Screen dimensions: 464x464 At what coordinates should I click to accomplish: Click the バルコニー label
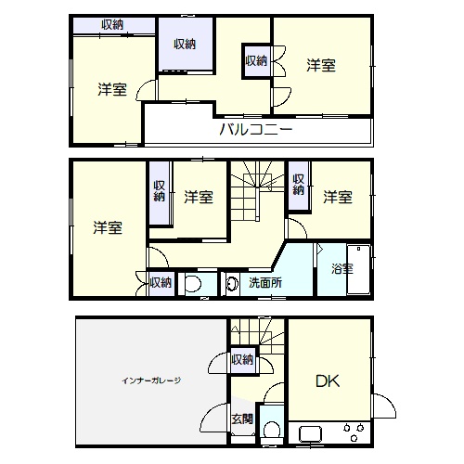256,129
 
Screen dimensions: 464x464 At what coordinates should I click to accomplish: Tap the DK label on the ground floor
328,381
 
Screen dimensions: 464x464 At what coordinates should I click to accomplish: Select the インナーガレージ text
151,380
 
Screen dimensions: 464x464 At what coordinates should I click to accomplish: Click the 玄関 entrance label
242,419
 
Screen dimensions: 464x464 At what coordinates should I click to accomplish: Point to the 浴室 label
342,268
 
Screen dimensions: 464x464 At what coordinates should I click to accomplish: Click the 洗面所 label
265,283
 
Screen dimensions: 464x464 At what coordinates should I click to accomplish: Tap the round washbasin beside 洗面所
232,283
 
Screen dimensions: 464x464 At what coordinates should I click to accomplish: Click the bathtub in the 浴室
358,269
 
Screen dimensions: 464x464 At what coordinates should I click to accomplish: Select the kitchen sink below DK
310,434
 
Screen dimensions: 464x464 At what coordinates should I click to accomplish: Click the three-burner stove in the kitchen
354,432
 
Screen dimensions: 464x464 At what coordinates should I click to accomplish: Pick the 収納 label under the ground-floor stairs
242,360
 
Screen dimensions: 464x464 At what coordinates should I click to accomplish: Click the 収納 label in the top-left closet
112,25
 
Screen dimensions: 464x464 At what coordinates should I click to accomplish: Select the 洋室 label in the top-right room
321,66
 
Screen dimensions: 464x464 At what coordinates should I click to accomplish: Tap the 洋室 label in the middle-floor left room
108,227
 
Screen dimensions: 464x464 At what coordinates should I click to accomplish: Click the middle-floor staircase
257,190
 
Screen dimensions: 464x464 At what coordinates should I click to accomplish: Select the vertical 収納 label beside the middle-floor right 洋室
299,185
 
